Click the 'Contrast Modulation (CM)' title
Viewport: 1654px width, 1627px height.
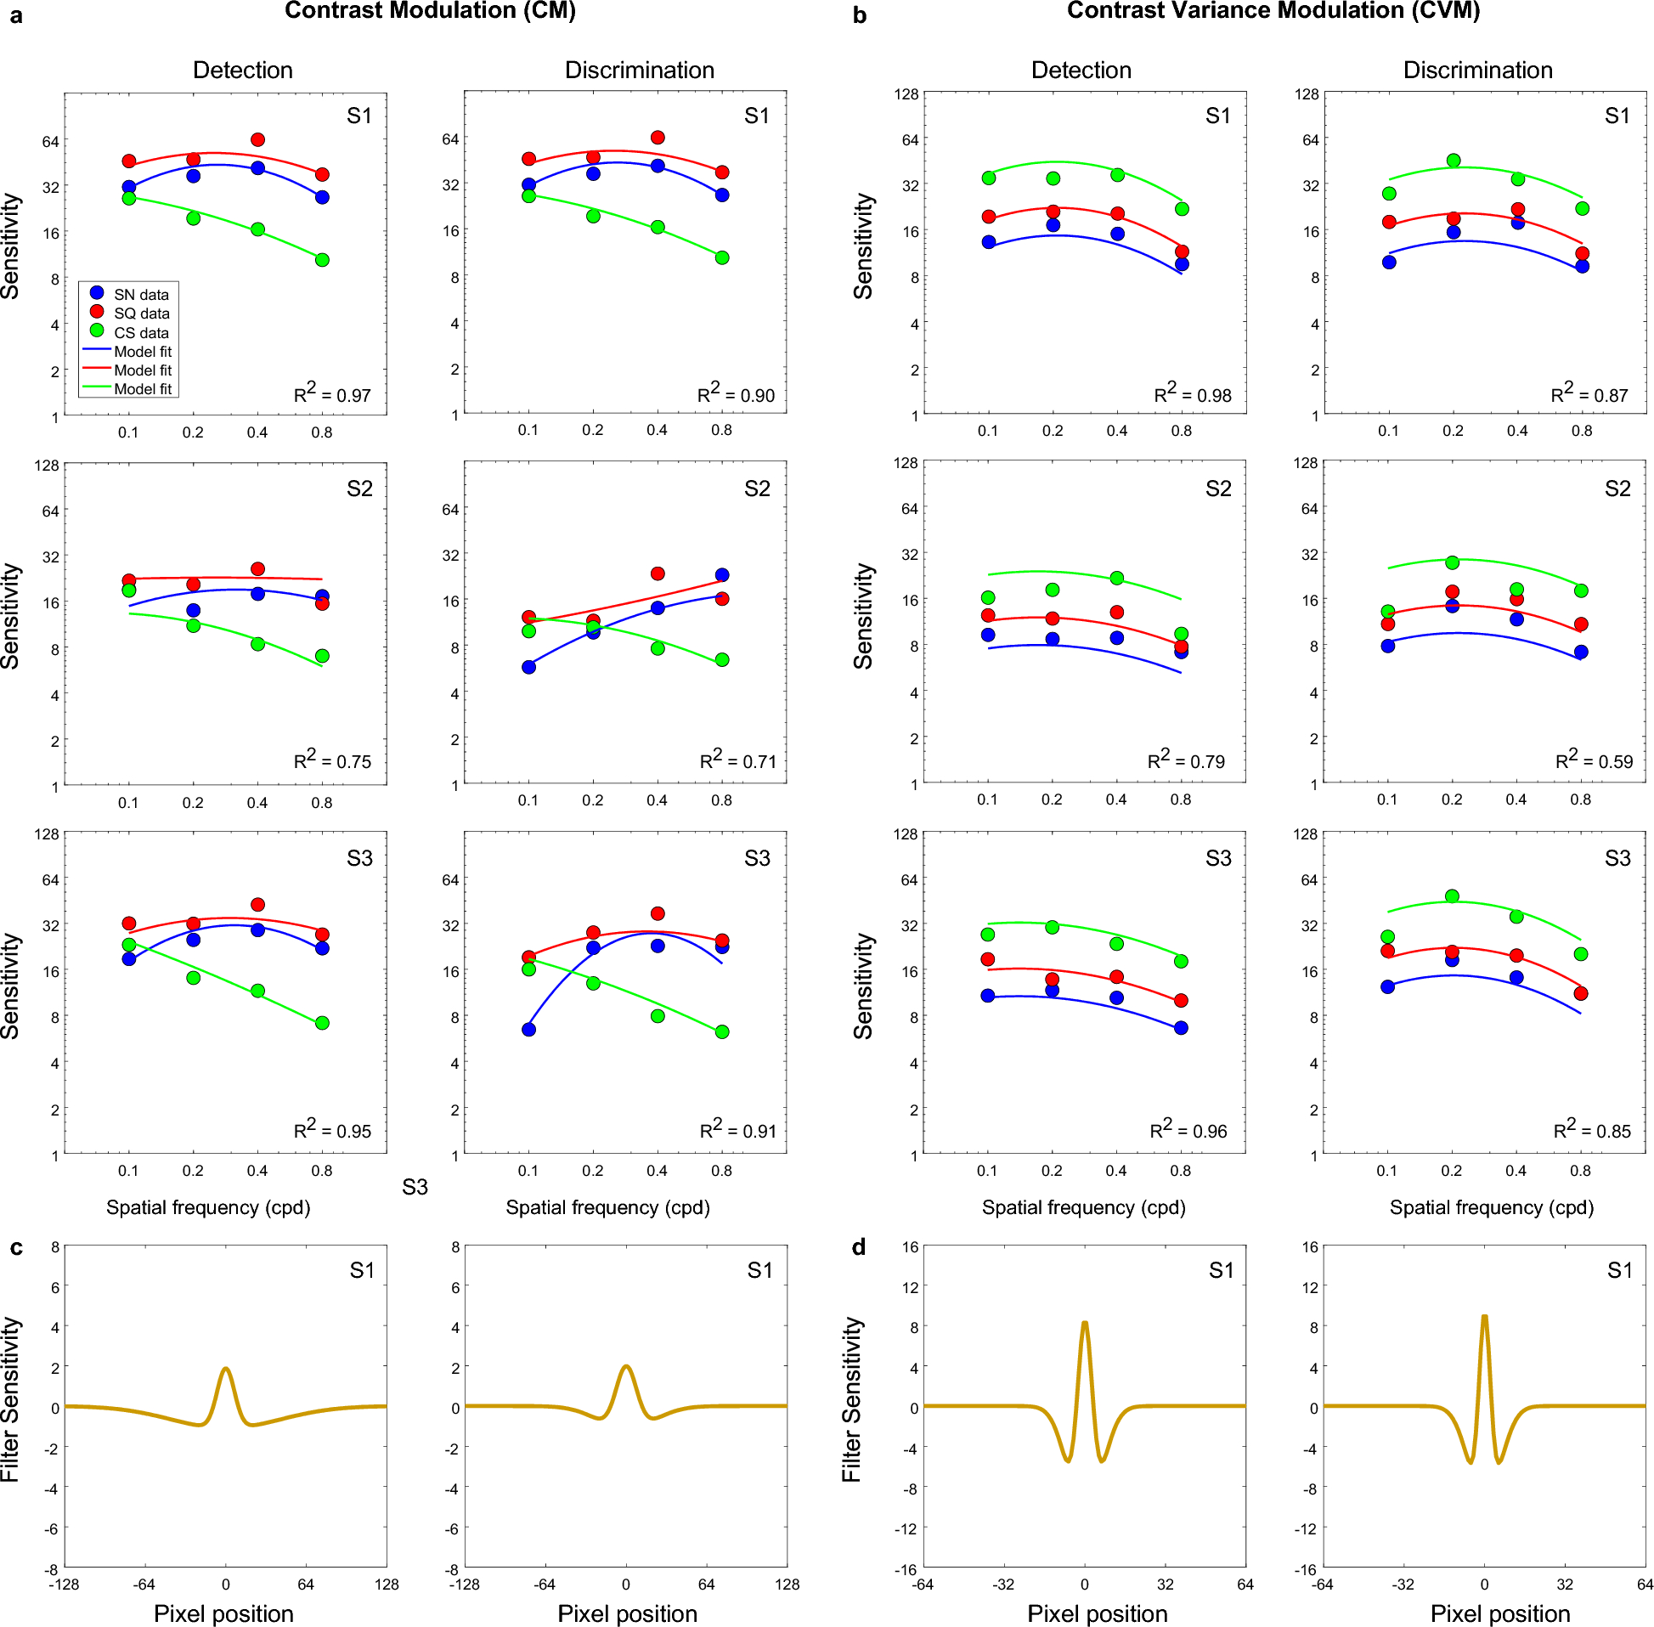tap(430, 11)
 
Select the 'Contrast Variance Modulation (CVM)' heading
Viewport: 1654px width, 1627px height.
tap(1273, 11)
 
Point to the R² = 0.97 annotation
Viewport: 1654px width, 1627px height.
tap(332, 394)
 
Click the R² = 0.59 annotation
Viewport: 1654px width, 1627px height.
tap(1594, 760)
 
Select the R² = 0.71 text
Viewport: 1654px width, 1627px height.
tap(738, 760)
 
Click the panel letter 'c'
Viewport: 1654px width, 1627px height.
tap(16, 1247)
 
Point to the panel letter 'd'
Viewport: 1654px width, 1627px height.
tap(859, 1247)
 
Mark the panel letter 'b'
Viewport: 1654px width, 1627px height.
tap(860, 15)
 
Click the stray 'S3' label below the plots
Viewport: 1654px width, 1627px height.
tap(415, 1187)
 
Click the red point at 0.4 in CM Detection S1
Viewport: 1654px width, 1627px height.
tap(257, 139)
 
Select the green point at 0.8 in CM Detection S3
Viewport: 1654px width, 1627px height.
tap(322, 1023)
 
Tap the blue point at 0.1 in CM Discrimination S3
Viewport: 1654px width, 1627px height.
tap(529, 1030)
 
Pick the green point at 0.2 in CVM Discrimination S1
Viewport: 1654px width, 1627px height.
tap(1454, 161)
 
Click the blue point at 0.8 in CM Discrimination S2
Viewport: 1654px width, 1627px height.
tap(722, 575)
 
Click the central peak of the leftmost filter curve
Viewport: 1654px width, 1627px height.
tap(226, 1369)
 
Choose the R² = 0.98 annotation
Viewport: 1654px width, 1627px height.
tap(1193, 394)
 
